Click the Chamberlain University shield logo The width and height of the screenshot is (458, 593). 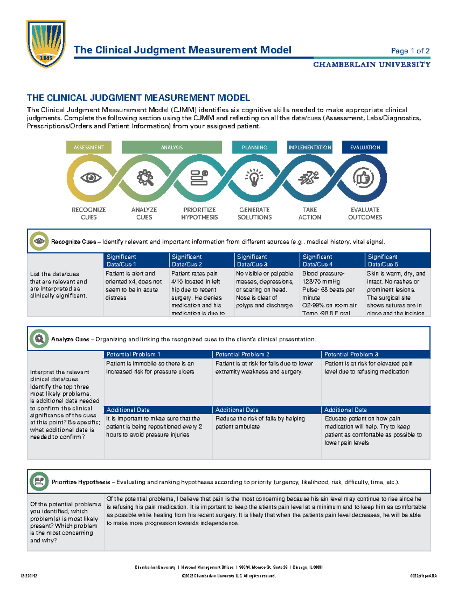pyautogui.click(x=46, y=44)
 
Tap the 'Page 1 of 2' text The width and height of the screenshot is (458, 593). pyautogui.click(x=410, y=51)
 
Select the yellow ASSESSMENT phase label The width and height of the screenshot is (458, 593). pyautogui.click(x=89, y=147)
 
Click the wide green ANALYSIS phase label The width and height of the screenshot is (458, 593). pyautogui.click(x=172, y=147)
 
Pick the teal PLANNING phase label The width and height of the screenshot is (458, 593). pyautogui.click(x=254, y=147)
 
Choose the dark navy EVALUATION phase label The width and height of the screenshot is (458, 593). pyautogui.click(x=365, y=147)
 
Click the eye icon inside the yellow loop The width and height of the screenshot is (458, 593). pyautogui.click(x=91, y=178)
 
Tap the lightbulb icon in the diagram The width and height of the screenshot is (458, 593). pyautogui.click(x=254, y=178)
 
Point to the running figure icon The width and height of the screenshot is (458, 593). pyautogui.click(x=309, y=178)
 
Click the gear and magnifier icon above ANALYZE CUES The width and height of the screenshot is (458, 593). pyautogui.click(x=145, y=178)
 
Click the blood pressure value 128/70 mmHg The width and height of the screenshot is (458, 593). pyautogui.click(x=321, y=281)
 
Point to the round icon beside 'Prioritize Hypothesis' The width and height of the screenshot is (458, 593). pyautogui.click(x=39, y=482)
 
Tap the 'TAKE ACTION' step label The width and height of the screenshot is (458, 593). pyautogui.click(x=310, y=213)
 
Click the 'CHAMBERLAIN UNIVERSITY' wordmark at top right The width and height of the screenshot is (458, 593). pyautogui.click(x=372, y=65)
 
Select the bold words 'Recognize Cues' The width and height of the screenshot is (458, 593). pyautogui.click(x=74, y=242)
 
